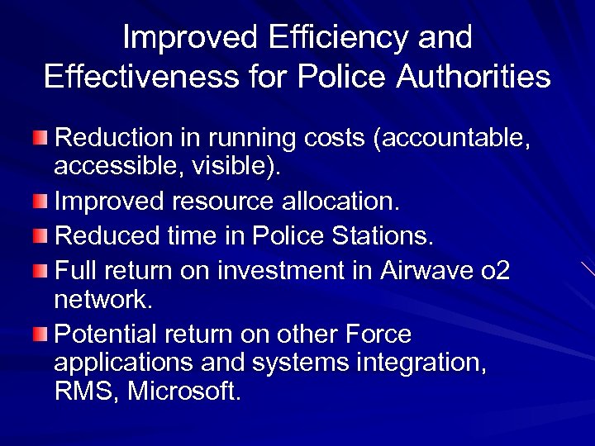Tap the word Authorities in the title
tap(474, 76)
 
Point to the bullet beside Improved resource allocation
tap(41, 201)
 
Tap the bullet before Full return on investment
tap(41, 270)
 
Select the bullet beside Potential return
tap(41, 334)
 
